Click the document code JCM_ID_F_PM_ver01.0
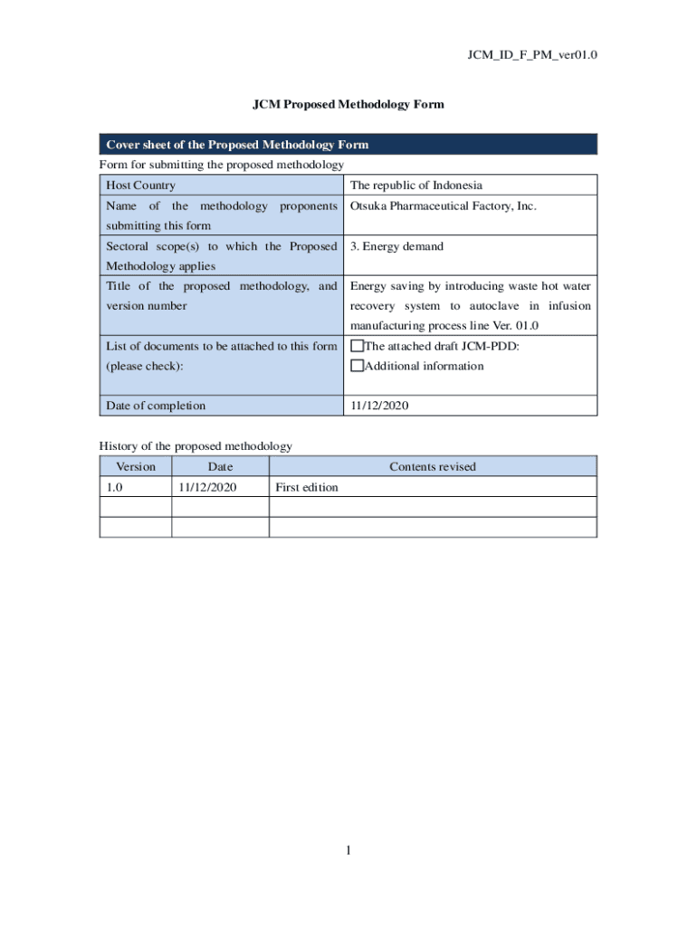(x=531, y=55)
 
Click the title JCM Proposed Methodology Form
(x=348, y=104)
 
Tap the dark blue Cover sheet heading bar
(x=348, y=145)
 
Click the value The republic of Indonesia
(x=416, y=186)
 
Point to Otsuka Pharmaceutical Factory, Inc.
(x=443, y=205)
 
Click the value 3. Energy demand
(x=396, y=246)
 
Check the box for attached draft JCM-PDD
(x=357, y=346)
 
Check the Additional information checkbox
(x=357, y=366)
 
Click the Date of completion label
(x=156, y=406)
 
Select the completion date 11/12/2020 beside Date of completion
(x=379, y=406)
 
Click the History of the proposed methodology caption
(x=196, y=446)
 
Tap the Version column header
(x=136, y=467)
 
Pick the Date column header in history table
(x=220, y=467)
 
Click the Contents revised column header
(x=432, y=467)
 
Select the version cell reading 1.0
(x=115, y=487)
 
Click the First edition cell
(x=307, y=487)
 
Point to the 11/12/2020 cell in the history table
(x=207, y=487)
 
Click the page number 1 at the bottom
(x=348, y=850)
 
